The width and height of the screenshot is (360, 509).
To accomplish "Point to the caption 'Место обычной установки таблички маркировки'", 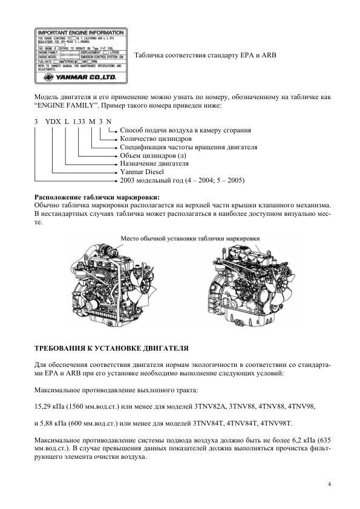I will [190, 239].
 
